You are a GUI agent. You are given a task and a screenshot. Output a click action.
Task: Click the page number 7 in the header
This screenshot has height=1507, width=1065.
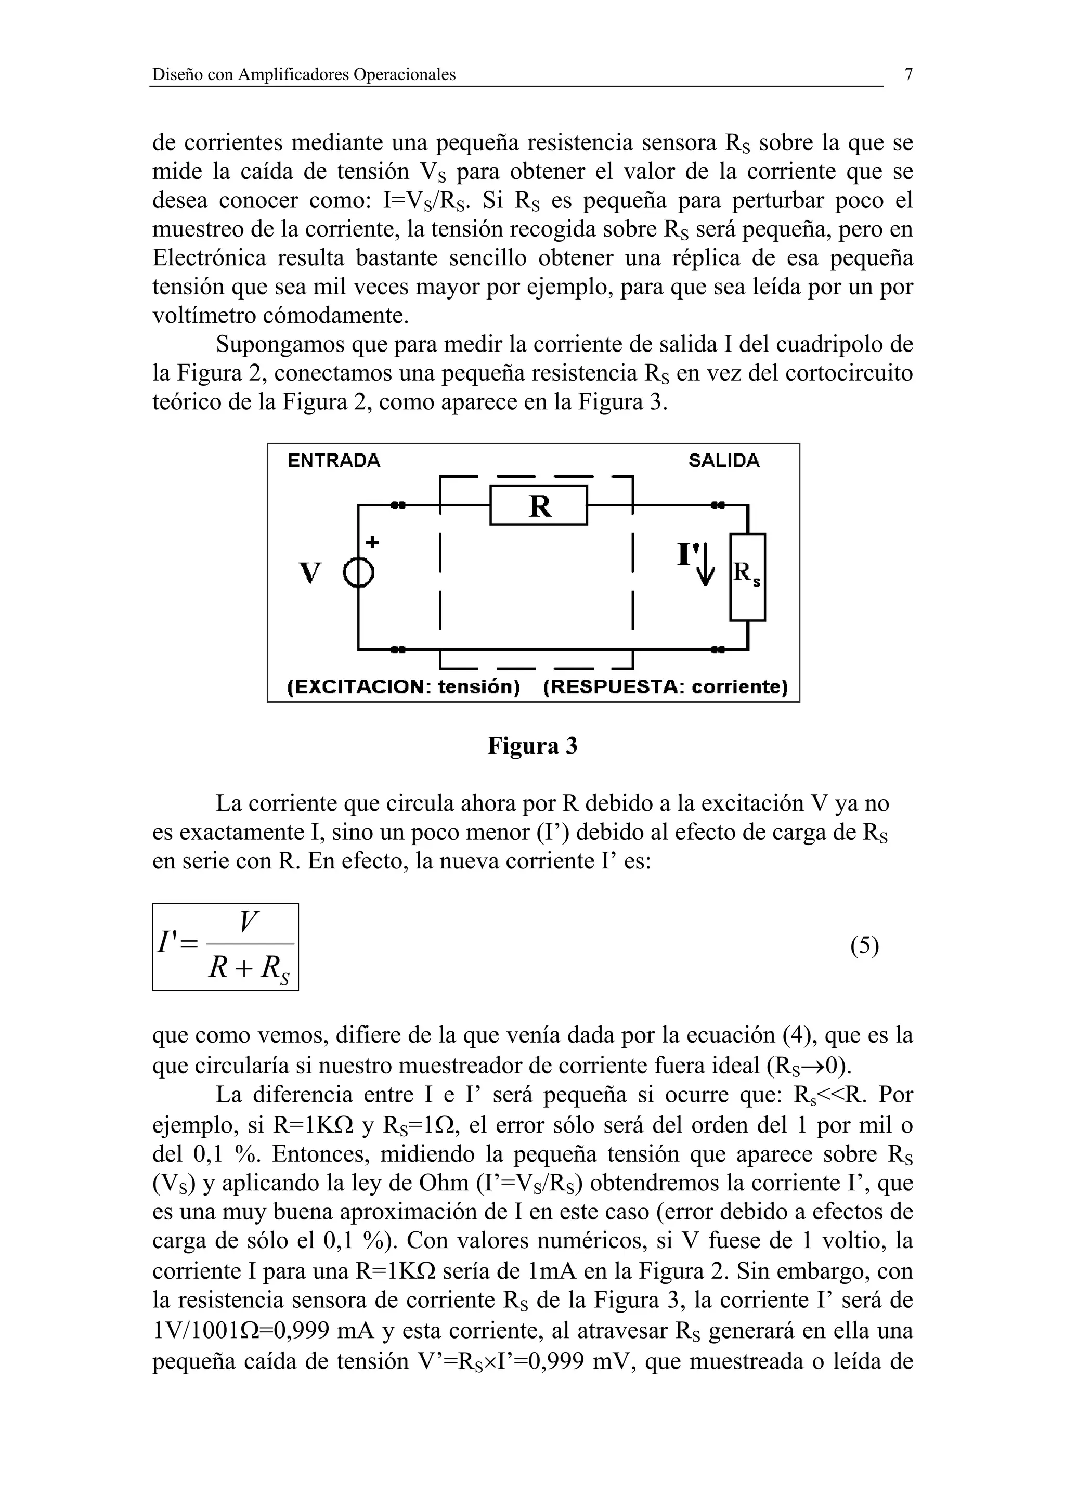tap(908, 75)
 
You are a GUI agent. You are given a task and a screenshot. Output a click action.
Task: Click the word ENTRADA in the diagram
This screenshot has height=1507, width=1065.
tap(334, 461)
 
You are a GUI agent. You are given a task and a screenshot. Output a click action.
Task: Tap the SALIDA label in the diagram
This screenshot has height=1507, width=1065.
tap(724, 461)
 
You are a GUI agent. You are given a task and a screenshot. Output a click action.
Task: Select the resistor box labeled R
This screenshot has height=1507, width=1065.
tap(539, 505)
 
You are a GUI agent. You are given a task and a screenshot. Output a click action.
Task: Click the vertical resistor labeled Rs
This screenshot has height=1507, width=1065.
tap(747, 577)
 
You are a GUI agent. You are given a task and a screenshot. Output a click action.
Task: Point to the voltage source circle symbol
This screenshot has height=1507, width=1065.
tap(359, 576)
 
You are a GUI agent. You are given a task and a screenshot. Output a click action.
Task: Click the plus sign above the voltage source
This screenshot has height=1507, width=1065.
tap(372, 542)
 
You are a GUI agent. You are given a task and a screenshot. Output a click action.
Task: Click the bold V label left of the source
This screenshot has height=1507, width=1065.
tap(310, 573)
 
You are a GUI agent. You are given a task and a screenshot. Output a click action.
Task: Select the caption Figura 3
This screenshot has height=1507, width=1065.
tap(532, 746)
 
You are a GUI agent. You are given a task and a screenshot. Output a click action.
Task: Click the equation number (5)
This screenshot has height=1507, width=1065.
tap(864, 946)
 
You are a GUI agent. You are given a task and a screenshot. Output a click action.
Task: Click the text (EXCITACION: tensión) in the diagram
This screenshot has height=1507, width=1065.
tap(404, 687)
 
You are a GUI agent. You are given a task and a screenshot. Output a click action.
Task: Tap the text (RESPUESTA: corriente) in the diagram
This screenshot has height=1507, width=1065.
tap(666, 687)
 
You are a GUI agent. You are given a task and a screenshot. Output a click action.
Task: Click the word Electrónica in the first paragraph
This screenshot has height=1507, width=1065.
tap(210, 258)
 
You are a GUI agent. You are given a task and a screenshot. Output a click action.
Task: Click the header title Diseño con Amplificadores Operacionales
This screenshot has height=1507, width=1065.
tap(304, 75)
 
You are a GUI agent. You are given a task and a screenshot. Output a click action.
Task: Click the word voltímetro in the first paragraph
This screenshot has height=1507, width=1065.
tap(204, 316)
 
